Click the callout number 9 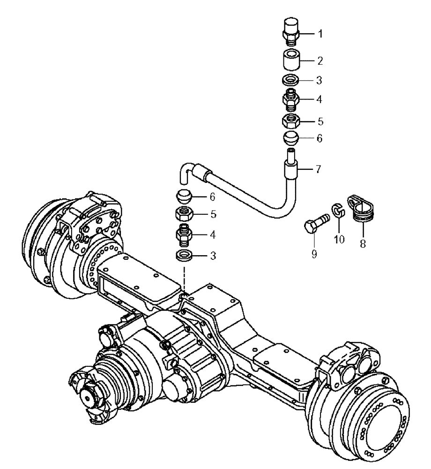(313, 254)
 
